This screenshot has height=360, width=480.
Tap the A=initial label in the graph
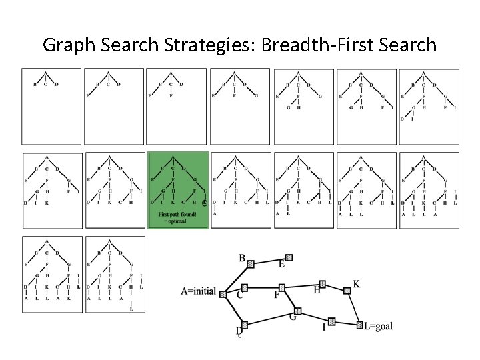pyautogui.click(x=202, y=291)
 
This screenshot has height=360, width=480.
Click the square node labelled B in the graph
pyautogui.click(x=251, y=264)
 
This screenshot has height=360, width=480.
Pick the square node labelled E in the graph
pyautogui.click(x=289, y=257)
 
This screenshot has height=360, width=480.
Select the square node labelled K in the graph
pyautogui.click(x=347, y=291)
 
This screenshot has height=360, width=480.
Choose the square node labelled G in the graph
pyautogui.click(x=297, y=311)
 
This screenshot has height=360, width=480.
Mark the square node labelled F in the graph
pyautogui.click(x=281, y=288)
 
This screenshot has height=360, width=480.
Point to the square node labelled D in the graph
pyautogui.click(x=244, y=325)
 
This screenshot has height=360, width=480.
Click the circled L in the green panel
pyautogui.click(x=205, y=202)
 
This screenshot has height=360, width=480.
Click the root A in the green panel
pyautogui.click(x=173, y=157)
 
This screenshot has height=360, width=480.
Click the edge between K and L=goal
pyautogui.click(x=353, y=308)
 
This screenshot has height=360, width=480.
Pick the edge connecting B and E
pyautogui.click(x=269, y=261)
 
